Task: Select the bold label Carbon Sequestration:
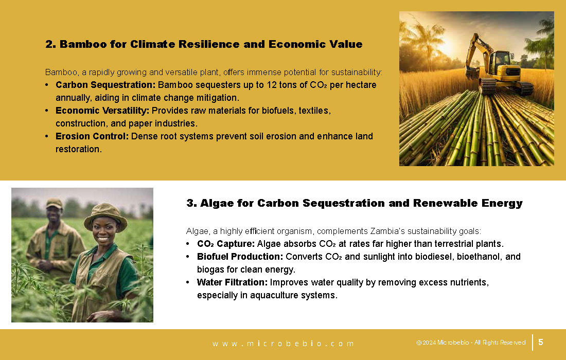click(x=105, y=85)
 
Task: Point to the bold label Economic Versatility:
click(x=102, y=111)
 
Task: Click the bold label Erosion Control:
click(x=92, y=136)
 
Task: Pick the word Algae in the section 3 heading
click(x=217, y=204)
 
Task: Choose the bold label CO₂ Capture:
click(x=226, y=244)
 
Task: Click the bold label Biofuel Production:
click(x=240, y=257)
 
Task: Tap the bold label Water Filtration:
click(x=233, y=282)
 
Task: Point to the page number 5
click(x=541, y=342)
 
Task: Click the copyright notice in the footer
click(x=471, y=343)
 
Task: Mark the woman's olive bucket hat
click(x=105, y=216)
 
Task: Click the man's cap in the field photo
click(x=54, y=203)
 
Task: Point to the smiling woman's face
click(x=103, y=230)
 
